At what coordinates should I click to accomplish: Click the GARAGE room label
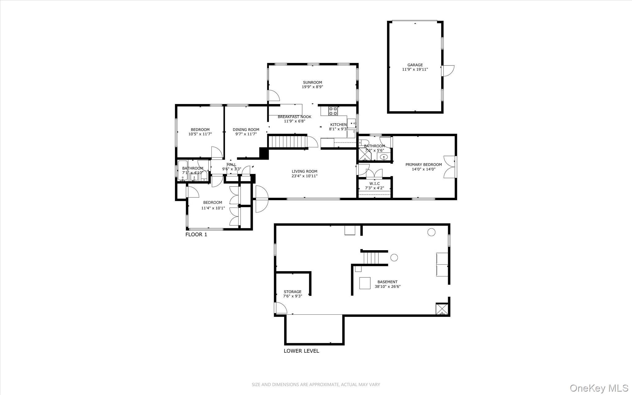415,65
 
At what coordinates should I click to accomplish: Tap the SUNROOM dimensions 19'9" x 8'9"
312,87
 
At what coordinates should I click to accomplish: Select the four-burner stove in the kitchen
333,111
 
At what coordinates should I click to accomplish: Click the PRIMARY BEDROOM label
424,165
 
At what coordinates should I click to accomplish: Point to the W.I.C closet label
375,183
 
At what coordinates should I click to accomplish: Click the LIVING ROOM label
305,171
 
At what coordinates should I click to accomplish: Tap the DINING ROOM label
246,130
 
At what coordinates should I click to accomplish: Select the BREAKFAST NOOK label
294,117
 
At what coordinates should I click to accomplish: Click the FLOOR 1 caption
196,234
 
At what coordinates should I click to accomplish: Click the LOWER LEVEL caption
301,351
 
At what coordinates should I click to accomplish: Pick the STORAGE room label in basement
293,292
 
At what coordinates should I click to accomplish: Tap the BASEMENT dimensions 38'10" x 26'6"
388,286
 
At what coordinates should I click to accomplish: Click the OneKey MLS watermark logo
599,388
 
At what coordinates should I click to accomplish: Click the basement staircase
371,258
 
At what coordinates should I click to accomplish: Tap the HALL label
231,165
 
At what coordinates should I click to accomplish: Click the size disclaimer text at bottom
316,384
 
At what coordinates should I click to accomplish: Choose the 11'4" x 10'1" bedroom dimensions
213,208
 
